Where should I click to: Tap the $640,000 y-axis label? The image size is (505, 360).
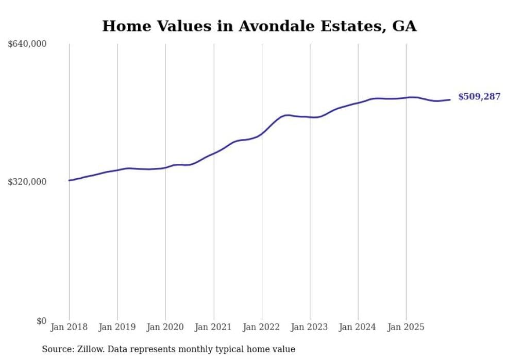coord(27,44)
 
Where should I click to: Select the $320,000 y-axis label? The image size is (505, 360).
coord(27,182)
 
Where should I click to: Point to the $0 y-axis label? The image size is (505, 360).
coord(41,321)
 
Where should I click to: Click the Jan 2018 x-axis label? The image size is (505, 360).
coord(69,327)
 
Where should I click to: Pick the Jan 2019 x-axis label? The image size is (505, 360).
coord(117,327)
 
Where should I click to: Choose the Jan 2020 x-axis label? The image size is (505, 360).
coord(165,327)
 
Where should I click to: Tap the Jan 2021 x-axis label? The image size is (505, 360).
coord(213,327)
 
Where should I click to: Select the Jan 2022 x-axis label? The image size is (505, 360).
coord(262,327)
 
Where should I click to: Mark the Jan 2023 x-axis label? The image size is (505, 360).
coord(310,327)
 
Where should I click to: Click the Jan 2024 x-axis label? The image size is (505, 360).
coord(358,327)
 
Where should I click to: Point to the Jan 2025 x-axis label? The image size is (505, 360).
coord(406,327)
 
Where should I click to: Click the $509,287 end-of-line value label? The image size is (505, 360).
coord(479,97)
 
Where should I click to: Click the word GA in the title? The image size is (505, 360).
coord(404,26)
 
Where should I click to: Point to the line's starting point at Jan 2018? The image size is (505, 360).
coord(69,180)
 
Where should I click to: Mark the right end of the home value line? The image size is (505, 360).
coord(450,100)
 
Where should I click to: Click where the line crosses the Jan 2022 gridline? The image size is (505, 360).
coord(262,133)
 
